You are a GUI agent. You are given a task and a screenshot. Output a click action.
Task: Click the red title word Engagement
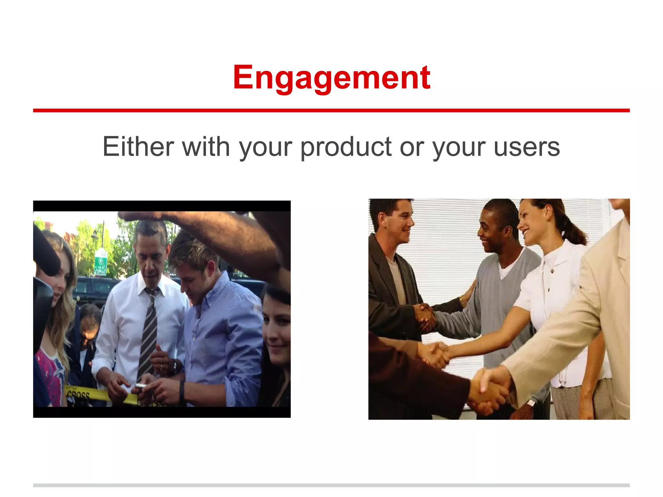[x=331, y=78]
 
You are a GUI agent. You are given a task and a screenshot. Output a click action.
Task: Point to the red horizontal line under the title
[x=331, y=111]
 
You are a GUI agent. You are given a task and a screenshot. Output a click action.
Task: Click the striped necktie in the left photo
[x=149, y=333]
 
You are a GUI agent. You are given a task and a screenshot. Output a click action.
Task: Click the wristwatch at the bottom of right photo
[x=531, y=403]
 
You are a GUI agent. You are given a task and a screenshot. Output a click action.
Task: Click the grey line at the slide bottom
[x=331, y=485]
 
